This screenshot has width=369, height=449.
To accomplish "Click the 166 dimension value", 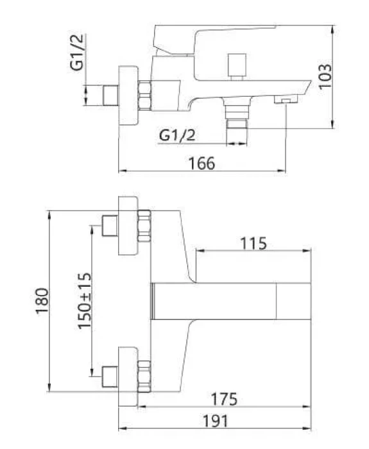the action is tap(202, 164).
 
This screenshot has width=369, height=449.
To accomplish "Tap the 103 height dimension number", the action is tap(325, 77).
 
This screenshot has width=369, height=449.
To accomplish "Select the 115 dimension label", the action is tap(253, 244).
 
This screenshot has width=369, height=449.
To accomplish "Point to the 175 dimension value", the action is tap(224, 399).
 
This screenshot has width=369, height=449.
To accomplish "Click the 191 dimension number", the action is tap(216, 421).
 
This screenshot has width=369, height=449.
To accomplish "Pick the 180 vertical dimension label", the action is tap(42, 301).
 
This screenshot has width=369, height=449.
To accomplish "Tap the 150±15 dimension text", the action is tap(85, 301).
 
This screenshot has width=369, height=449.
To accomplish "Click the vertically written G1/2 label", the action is tap(77, 52).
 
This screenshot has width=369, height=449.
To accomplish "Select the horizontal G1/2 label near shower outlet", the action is tap(177, 135).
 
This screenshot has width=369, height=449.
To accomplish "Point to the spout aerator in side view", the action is tap(286, 99).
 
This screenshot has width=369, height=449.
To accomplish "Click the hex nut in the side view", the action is tap(144, 96).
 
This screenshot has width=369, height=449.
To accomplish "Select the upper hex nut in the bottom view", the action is tap(144, 226).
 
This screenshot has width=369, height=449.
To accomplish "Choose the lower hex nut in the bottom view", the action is tap(144, 377).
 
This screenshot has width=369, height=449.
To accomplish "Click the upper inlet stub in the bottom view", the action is tap(110, 226).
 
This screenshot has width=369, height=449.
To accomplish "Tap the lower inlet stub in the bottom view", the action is tap(110, 377).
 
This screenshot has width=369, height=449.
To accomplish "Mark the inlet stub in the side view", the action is tap(110, 96).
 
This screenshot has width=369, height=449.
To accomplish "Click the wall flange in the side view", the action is tap(128, 96).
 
